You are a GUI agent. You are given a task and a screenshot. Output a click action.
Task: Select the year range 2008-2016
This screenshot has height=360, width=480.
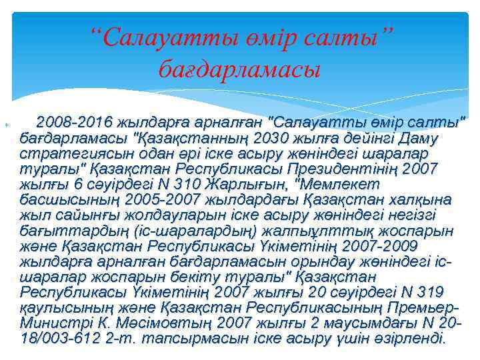(74, 123)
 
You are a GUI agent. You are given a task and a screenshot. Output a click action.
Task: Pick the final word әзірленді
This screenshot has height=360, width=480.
(407, 338)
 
